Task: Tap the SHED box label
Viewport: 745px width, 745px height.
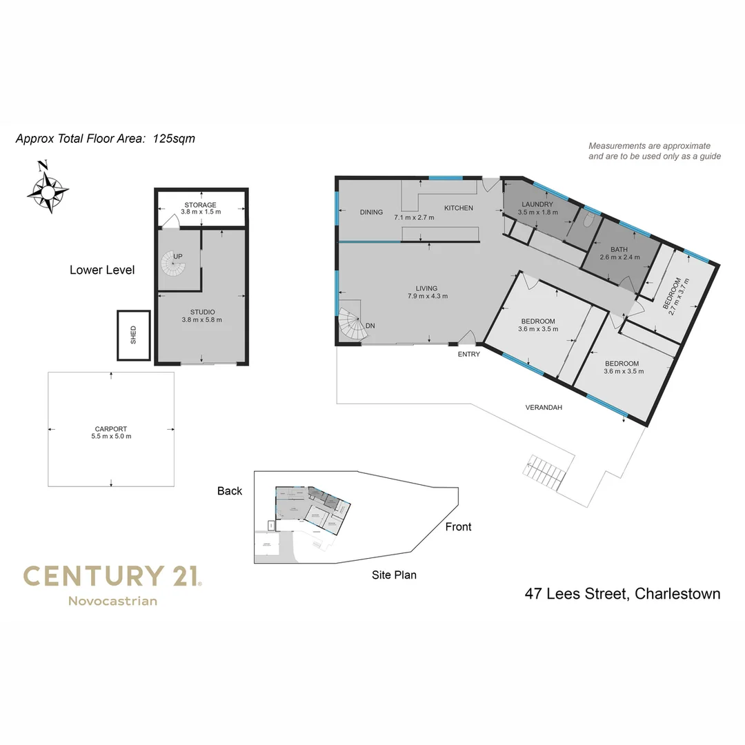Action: pyautogui.click(x=133, y=335)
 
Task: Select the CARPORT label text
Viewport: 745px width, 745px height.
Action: pyautogui.click(x=111, y=428)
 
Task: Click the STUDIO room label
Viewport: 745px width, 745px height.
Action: pyautogui.click(x=201, y=312)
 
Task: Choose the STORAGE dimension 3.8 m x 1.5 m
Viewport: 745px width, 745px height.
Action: pyautogui.click(x=201, y=212)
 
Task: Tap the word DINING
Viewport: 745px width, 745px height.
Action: pyautogui.click(x=371, y=212)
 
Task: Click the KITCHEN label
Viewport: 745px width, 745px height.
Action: pyautogui.click(x=458, y=208)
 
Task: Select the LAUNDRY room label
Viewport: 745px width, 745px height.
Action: pyautogui.click(x=538, y=204)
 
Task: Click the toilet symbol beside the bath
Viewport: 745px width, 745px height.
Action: pyautogui.click(x=588, y=220)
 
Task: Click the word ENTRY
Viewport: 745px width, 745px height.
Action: pyautogui.click(x=468, y=355)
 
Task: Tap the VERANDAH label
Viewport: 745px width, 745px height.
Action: pyautogui.click(x=545, y=408)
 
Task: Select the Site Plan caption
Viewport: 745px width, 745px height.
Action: pyautogui.click(x=394, y=575)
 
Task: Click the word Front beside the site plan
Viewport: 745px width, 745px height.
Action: pyautogui.click(x=458, y=527)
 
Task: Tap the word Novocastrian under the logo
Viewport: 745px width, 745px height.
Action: pyautogui.click(x=112, y=601)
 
